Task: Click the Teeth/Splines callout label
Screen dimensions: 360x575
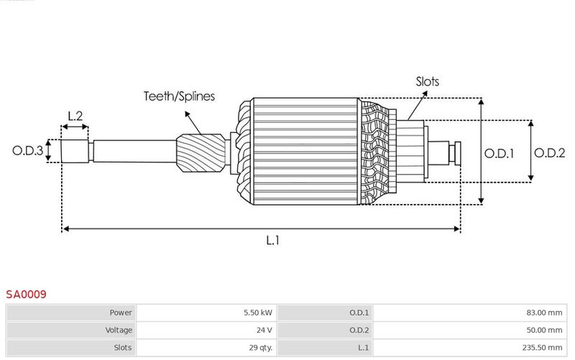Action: pos(179,96)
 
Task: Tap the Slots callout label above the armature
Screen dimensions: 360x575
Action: pos(427,81)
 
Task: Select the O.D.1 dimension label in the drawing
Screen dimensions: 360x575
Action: pos(499,152)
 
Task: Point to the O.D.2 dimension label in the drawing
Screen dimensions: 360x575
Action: pos(550,152)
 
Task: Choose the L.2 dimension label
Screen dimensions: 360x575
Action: pos(75,115)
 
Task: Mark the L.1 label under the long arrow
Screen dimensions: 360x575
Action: pos(273,241)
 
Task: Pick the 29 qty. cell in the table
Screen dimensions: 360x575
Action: pos(260,347)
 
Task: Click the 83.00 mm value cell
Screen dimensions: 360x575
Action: pos(546,313)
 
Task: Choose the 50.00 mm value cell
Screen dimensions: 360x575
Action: pos(546,330)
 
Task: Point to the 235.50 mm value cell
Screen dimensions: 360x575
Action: pos(543,347)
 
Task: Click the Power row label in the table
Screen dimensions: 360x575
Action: pos(121,313)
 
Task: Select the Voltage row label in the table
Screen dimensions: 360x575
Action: pos(118,330)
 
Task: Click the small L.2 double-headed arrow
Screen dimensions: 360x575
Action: pos(75,127)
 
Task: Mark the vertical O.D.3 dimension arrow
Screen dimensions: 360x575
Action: pos(49,151)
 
